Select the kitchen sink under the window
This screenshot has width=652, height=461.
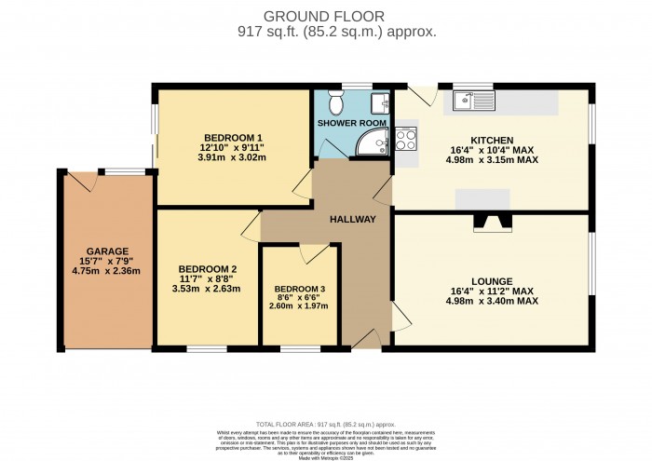(473, 101)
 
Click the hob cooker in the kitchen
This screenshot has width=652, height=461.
(407, 140)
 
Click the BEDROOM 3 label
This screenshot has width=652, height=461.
(300, 288)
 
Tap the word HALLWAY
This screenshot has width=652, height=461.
(352, 220)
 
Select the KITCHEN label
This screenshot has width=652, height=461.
(492, 141)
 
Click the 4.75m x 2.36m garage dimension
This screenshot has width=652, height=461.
(107, 272)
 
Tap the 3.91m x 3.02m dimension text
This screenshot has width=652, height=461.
(232, 157)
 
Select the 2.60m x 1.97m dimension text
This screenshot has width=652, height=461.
(300, 305)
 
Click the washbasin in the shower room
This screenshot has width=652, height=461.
(381, 102)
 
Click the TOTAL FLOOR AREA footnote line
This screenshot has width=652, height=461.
(325, 423)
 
